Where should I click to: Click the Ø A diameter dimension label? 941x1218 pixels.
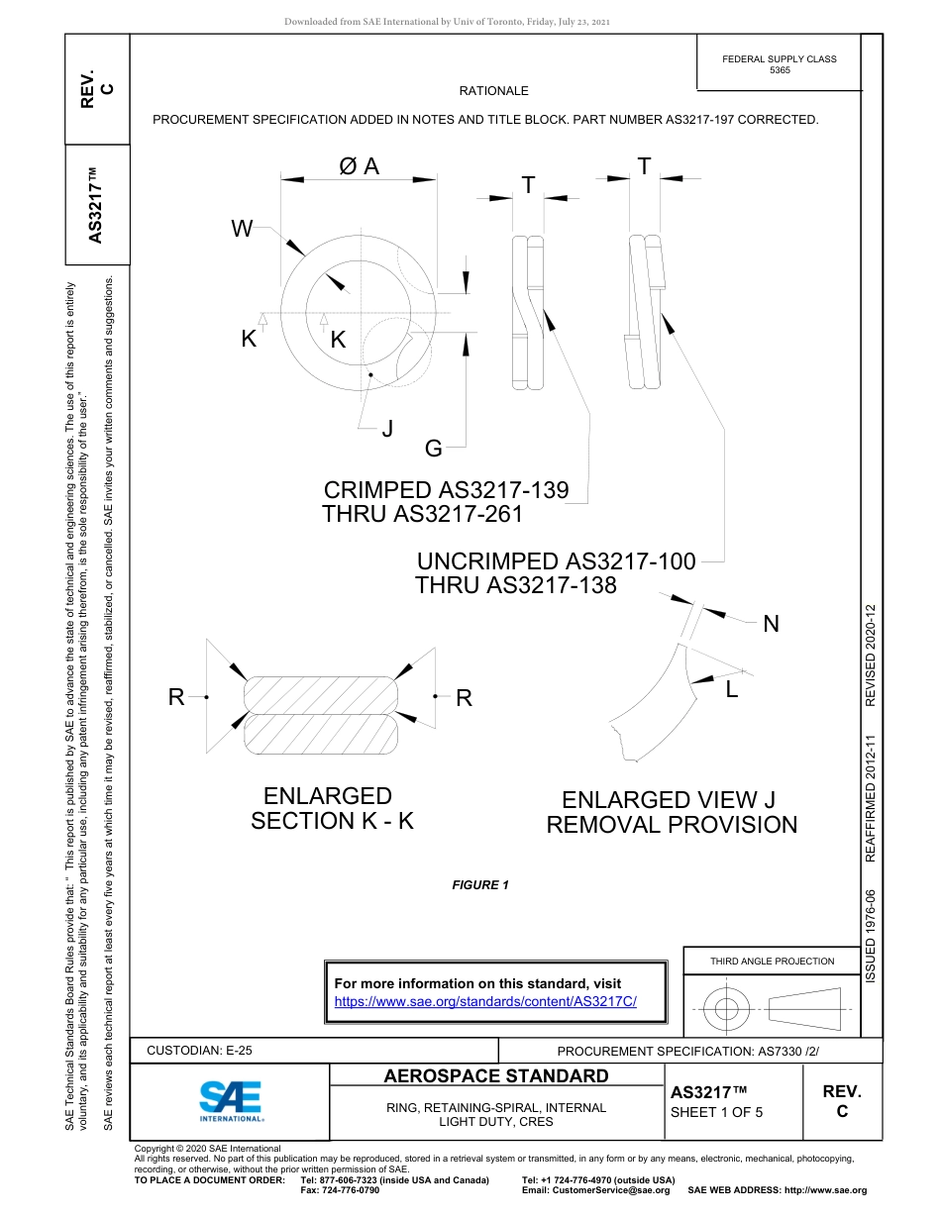pos(359,166)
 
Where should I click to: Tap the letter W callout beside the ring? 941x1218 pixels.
pos(242,230)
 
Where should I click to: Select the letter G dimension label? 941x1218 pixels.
pos(433,449)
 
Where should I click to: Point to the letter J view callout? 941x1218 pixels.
pos(387,429)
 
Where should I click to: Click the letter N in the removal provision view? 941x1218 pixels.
pos(771,624)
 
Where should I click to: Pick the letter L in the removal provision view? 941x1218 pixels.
pos(732,690)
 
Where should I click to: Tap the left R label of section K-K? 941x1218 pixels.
pos(176,697)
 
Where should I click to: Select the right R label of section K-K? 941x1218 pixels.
pos(464,698)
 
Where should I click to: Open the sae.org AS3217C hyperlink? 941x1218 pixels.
pos(485,1001)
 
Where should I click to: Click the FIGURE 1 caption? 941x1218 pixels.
pos(480,885)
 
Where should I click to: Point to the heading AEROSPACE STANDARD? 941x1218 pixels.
pos(496,1076)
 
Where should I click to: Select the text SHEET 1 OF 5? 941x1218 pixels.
pos(717,1112)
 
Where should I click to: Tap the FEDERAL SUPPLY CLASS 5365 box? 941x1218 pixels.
pos(779,64)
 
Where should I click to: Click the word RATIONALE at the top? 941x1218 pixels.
pos(493,91)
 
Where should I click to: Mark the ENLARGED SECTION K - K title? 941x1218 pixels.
pos(331,808)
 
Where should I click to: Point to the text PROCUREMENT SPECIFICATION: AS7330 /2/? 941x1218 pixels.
pos(688,1051)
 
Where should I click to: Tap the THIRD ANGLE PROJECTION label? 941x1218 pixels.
pos(772,961)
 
